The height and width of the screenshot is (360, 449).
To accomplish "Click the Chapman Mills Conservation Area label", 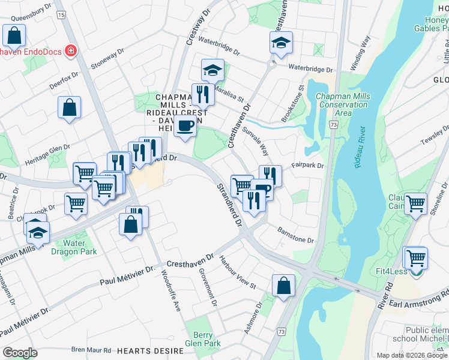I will click(343, 104).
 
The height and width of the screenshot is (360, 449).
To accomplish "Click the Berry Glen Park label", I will click(203, 339).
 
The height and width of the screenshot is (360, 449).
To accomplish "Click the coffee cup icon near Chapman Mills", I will click(185, 126).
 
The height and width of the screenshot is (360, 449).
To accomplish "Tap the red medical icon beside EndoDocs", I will click(71, 50).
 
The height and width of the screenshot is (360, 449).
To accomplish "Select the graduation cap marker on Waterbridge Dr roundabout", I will click(281, 43).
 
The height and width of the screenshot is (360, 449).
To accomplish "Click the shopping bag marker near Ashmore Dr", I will click(283, 286).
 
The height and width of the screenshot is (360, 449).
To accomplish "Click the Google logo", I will click(20, 353).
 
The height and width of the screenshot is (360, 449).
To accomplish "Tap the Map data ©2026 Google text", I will click(412, 355).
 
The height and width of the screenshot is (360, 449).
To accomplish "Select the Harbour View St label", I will click(237, 272).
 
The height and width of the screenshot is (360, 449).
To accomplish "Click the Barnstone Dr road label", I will click(295, 235).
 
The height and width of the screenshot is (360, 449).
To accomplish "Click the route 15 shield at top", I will click(61, 14).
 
